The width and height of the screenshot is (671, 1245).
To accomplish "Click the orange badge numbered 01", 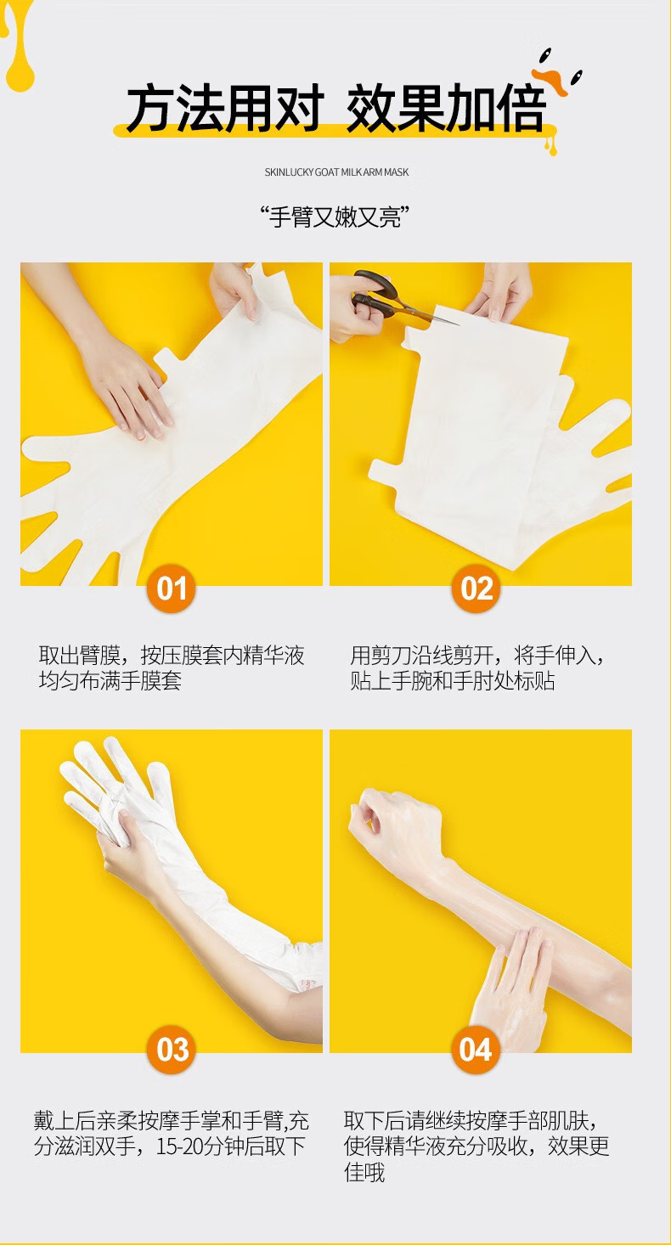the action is tap(172, 589).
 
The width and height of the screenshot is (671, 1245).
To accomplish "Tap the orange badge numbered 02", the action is tap(476, 589).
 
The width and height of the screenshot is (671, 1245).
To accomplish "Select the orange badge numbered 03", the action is tap(172, 1050).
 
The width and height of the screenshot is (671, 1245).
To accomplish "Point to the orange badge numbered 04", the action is tap(476, 1050).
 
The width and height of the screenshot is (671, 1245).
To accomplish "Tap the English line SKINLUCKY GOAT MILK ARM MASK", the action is tap(336, 172).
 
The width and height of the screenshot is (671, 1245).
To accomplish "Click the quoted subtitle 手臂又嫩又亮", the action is tap(335, 217).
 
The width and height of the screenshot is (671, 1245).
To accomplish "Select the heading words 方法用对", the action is tap(224, 109).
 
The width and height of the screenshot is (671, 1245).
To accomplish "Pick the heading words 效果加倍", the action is tap(446, 109).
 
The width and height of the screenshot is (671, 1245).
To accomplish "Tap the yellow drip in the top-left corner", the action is tap(18, 44).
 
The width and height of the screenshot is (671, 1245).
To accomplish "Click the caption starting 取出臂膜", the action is tap(172, 668).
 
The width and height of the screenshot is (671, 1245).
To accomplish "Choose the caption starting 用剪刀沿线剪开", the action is tap(476, 668).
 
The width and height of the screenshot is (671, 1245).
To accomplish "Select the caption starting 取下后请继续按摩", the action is tap(476, 1146).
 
